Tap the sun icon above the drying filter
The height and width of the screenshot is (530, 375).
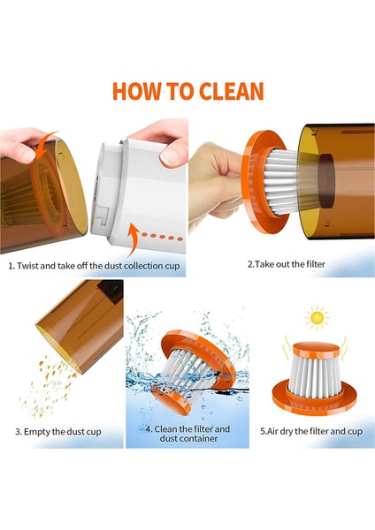point(317,317)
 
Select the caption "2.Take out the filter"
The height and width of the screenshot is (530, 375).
point(287,264)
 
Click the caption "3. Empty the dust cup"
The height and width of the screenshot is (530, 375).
point(58,432)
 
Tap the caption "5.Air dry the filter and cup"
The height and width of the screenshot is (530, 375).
point(311,431)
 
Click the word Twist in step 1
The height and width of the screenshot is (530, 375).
point(27,265)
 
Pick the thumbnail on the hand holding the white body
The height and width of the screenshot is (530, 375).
point(170,157)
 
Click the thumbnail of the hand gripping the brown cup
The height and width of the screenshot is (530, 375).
point(25,155)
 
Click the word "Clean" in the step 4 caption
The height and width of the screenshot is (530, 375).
point(165,429)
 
